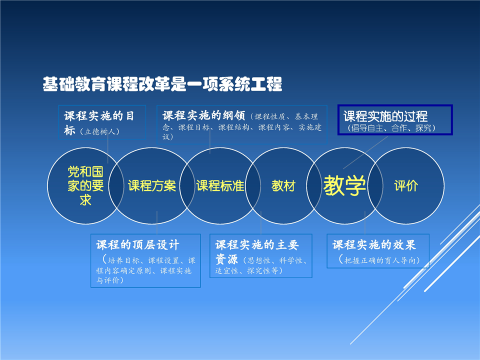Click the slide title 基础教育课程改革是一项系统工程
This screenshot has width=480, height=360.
162,84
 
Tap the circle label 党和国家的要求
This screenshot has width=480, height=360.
85,186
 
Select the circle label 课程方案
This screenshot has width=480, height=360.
152,186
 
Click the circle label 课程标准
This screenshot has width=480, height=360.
220,186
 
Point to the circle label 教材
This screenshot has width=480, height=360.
283,186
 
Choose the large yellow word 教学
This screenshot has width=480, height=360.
344,185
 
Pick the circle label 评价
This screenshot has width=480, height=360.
406,186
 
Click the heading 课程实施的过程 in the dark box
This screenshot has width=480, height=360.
385,116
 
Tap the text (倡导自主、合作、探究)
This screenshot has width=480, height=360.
391,128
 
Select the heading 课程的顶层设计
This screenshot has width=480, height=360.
138,245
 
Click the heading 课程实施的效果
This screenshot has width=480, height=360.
374,245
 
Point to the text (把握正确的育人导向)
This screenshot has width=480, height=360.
379,260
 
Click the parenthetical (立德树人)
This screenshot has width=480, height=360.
99,131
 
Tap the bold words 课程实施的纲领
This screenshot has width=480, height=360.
204,115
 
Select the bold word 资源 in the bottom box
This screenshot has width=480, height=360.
226,259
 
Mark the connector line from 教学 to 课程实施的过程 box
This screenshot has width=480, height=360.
365,152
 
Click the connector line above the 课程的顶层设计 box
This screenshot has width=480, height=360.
157,222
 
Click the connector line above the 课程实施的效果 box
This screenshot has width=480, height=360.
365,222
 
